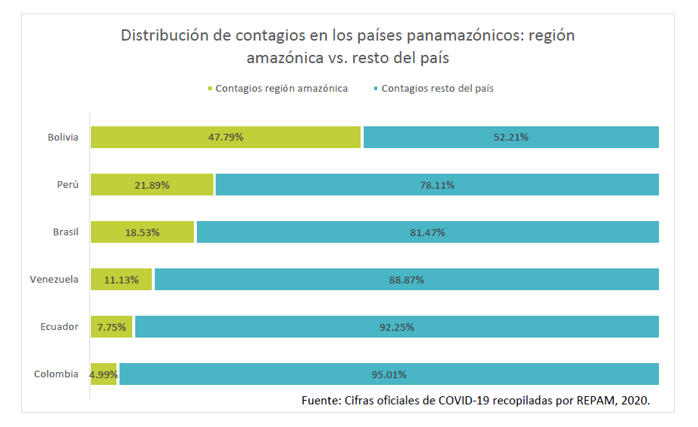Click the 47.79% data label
tap(226, 138)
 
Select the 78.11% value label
tap(437, 185)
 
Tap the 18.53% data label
tap(142, 232)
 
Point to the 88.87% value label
tap(406, 280)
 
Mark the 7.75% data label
tap(112, 327)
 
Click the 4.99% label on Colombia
tap(104, 374)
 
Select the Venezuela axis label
tap(54, 280)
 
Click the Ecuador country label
tap(59, 327)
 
